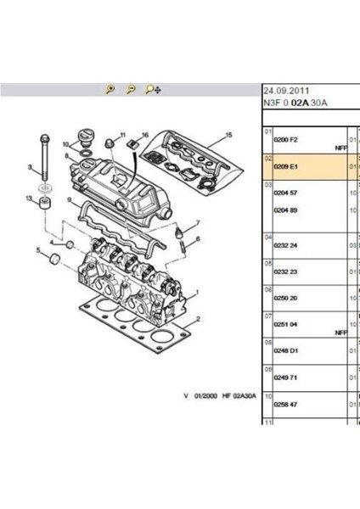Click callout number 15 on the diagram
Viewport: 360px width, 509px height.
pos(228,135)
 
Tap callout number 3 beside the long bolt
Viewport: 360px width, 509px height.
pos(30,167)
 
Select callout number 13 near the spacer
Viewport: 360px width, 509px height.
pos(30,199)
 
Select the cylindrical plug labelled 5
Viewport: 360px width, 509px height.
pos(53,256)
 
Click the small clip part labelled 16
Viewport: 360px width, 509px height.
pos(133,150)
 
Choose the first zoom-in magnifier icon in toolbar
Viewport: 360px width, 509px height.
pos(110,89)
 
